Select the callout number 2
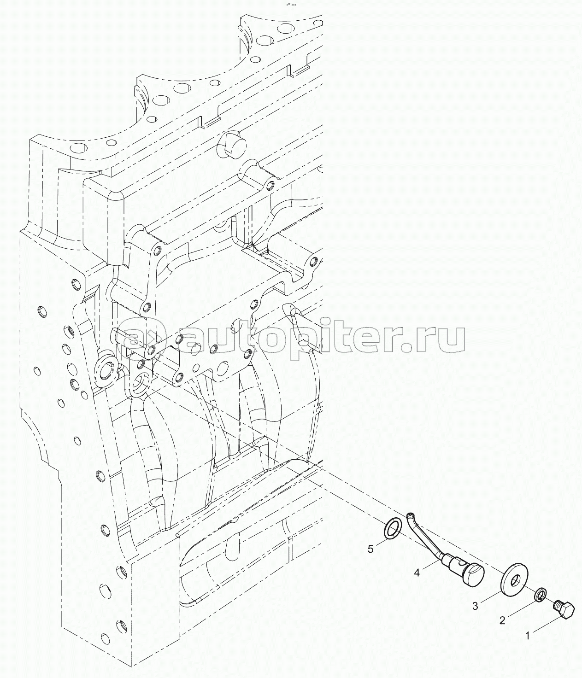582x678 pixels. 502,621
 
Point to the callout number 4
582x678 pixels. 417,573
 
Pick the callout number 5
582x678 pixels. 370,549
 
